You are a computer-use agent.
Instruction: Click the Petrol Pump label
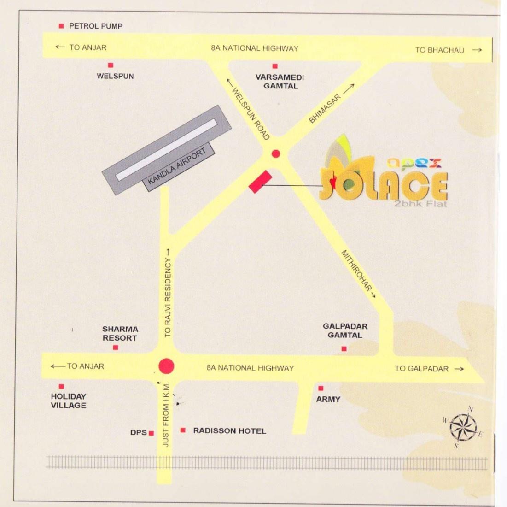pos(96,26)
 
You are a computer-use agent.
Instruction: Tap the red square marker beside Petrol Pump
pos(61,26)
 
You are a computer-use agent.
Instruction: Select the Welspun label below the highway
pos(115,76)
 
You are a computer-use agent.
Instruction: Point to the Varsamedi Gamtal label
pos(280,82)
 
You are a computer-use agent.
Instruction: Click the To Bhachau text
pos(440,50)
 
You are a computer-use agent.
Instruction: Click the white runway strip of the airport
pos(166,150)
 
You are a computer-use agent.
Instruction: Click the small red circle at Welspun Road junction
pos(275,153)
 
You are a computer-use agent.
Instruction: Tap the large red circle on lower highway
pos(166,366)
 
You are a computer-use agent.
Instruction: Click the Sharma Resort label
pos(120,333)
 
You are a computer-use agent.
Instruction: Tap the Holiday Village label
pos(69,401)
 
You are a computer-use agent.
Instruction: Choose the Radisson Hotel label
pos(229,431)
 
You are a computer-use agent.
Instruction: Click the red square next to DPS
pos(151,433)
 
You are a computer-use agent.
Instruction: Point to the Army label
pos(328,399)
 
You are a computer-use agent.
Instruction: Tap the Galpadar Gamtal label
pos(345,330)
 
